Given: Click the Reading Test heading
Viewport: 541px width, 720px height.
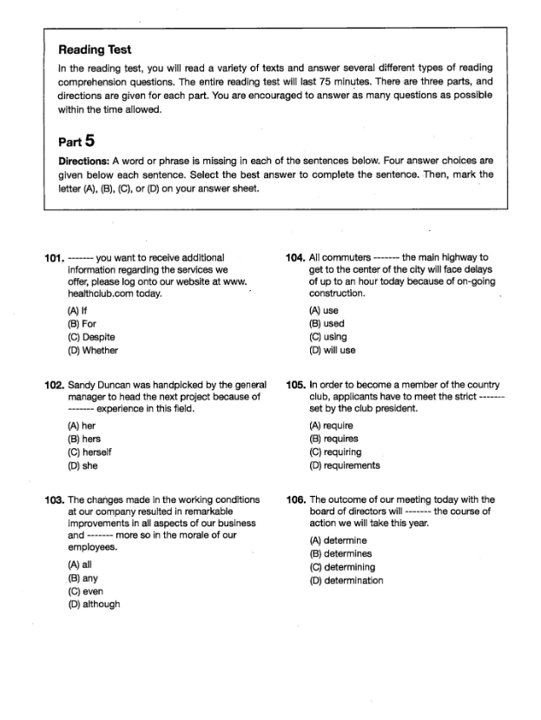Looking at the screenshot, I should pyautogui.click(x=95, y=50).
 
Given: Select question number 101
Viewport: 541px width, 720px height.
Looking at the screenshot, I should pyautogui.click(x=54, y=258).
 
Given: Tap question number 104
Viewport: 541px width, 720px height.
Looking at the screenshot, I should pyautogui.click(x=295, y=258).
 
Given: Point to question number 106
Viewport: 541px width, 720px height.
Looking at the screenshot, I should pyautogui.click(x=295, y=500).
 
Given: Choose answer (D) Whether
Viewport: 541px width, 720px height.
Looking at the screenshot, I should pyautogui.click(x=93, y=351).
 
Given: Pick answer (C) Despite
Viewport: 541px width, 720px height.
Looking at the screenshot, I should pyautogui.click(x=91, y=337).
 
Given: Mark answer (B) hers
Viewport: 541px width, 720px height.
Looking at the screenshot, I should pyautogui.click(x=85, y=439).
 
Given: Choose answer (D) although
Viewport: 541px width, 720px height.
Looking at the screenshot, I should pyautogui.click(x=94, y=604).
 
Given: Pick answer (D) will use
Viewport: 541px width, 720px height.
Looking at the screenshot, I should pyautogui.click(x=333, y=351).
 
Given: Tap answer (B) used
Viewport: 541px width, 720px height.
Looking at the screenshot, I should pyautogui.click(x=327, y=324).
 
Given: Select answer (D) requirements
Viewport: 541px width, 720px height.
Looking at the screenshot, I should pyautogui.click(x=345, y=466).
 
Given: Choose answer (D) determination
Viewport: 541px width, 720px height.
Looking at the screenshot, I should pyautogui.click(x=346, y=581).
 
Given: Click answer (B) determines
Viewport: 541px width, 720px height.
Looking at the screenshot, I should pyautogui.click(x=340, y=553).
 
